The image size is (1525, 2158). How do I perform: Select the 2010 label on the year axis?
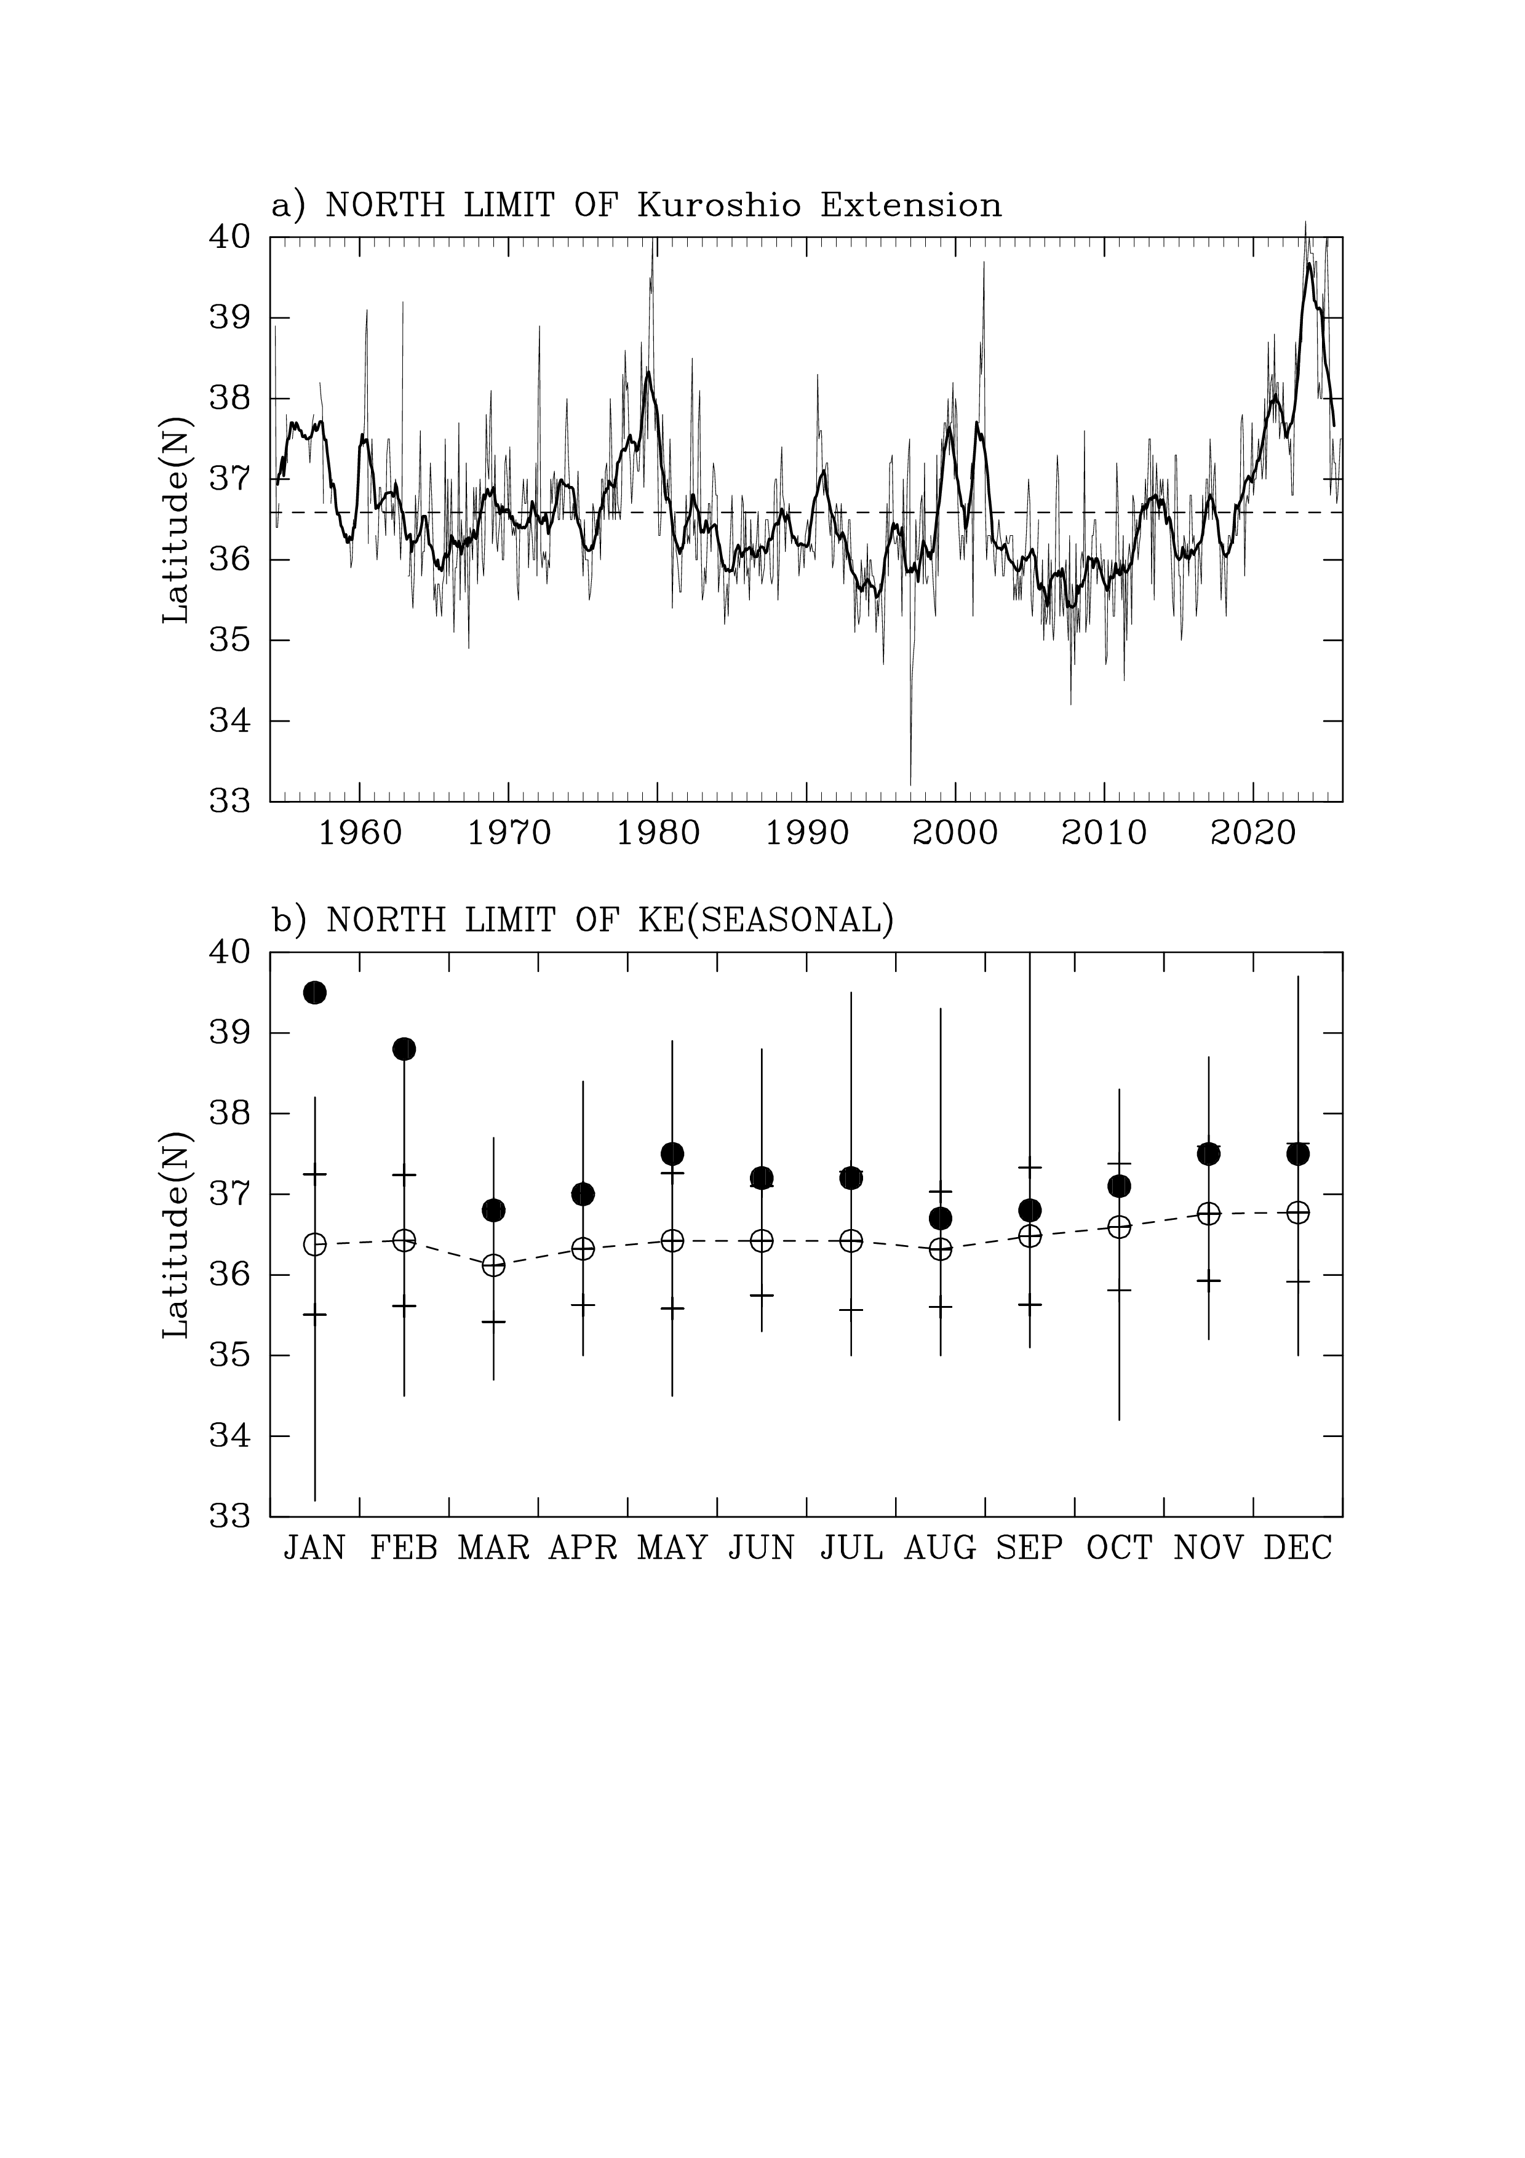[1104, 834]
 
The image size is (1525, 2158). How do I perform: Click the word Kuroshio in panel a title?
[719, 205]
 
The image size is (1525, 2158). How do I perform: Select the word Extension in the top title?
[910, 205]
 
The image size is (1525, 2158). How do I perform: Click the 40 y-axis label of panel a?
[229, 237]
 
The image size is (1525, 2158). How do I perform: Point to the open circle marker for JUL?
[851, 1241]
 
